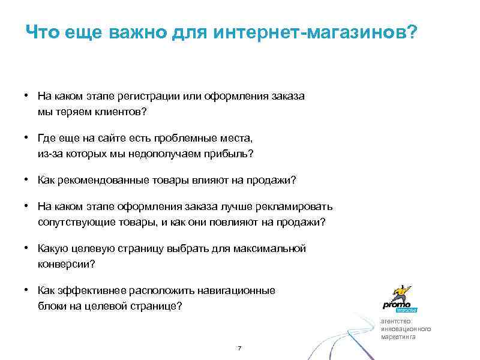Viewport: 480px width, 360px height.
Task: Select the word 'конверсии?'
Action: [x=66, y=264]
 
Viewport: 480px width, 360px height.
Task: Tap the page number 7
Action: [x=239, y=349]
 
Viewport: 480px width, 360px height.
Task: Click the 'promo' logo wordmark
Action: [x=397, y=304]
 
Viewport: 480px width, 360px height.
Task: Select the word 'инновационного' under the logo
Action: [x=406, y=329]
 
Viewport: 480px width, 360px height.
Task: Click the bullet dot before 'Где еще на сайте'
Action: [x=28, y=138]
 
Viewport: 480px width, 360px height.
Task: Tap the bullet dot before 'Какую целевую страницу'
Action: [x=28, y=248]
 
